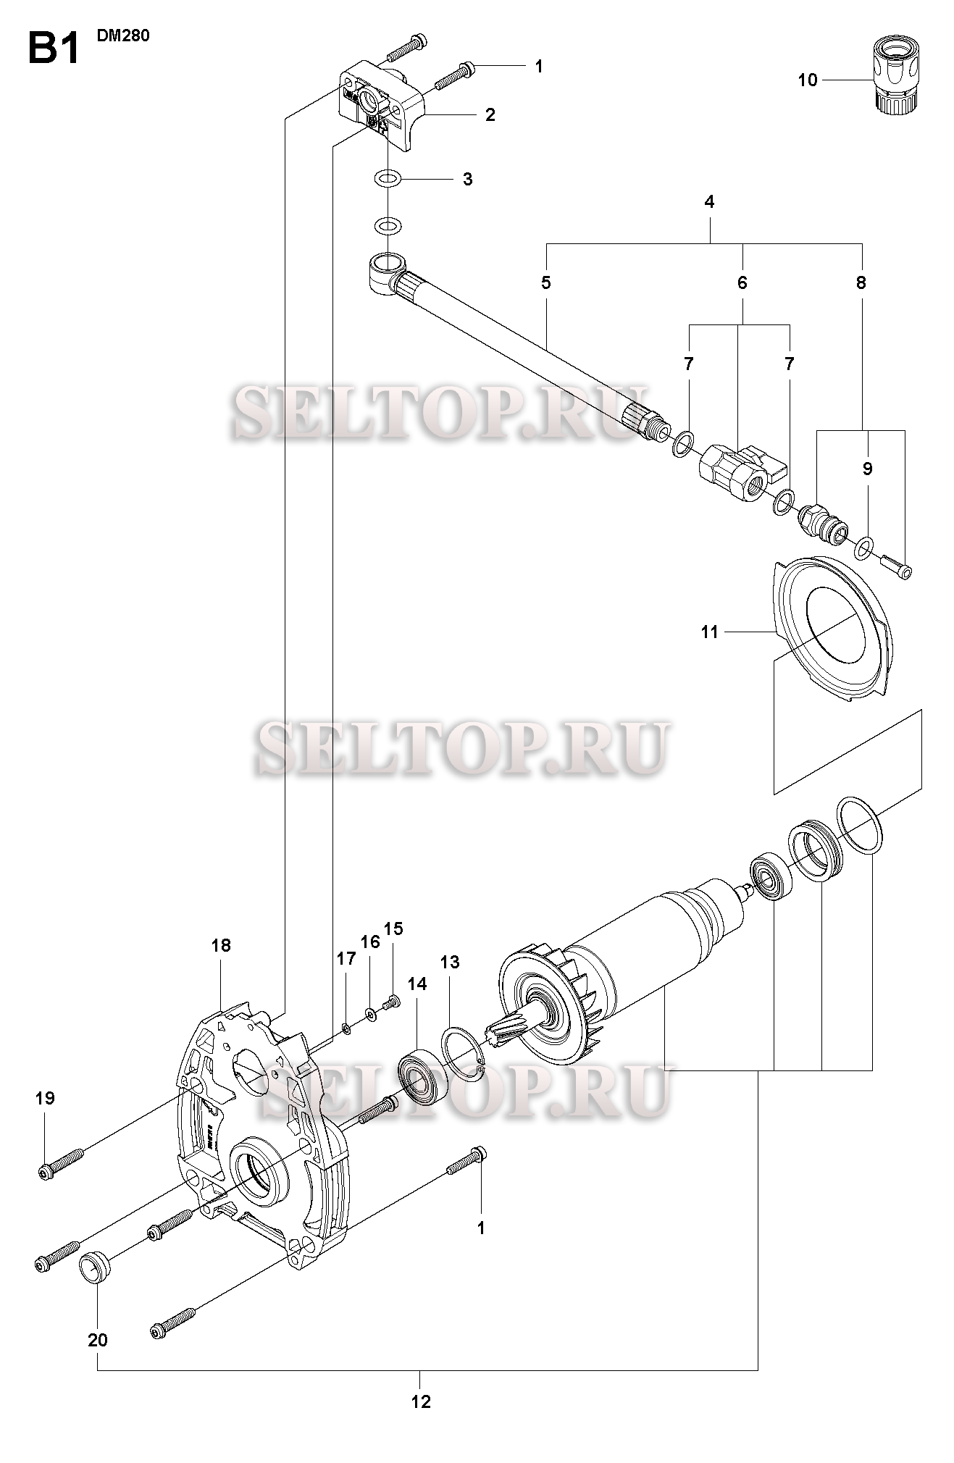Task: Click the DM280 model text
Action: point(123,35)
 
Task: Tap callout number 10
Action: point(807,80)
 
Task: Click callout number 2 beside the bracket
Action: point(490,114)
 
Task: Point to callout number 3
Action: point(468,179)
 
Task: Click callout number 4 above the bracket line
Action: point(709,202)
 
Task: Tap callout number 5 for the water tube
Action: point(545,282)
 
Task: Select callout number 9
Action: point(868,469)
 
